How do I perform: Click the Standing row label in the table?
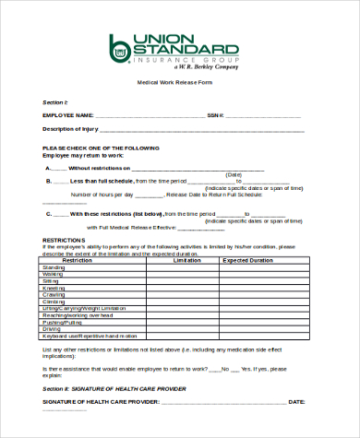tap(53, 268)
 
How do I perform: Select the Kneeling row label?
tap(54, 288)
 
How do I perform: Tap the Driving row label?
tap(52, 327)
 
